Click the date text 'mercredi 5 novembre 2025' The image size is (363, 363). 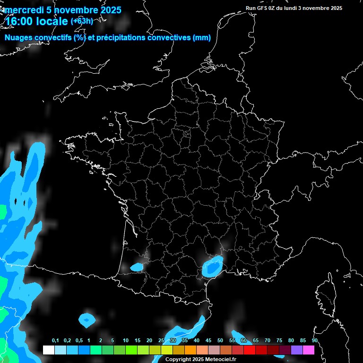click(x=63, y=10)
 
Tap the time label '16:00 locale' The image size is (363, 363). click(x=36, y=21)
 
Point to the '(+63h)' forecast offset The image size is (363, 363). click(x=82, y=21)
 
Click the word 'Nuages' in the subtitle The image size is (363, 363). click(x=18, y=38)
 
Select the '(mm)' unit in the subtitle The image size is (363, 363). click(x=202, y=38)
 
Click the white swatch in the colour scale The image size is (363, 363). click(x=48, y=350)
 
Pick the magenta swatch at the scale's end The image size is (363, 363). click(x=309, y=350)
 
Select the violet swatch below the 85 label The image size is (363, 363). click(x=297, y=350)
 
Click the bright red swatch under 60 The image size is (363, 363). click(x=250, y=350)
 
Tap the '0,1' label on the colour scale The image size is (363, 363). click(x=55, y=341)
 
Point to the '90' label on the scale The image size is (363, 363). click(x=314, y=341)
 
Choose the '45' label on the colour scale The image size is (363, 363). click(x=208, y=341)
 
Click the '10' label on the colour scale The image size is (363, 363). click(x=125, y=341)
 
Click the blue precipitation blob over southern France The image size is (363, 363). click(x=212, y=266)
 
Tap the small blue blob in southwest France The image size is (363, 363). click(x=137, y=268)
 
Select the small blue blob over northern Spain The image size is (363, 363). click(x=87, y=320)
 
